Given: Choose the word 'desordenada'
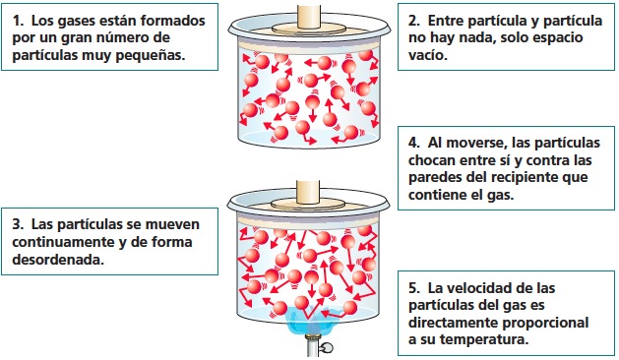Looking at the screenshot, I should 63,262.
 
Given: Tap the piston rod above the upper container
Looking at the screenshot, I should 310,9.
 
